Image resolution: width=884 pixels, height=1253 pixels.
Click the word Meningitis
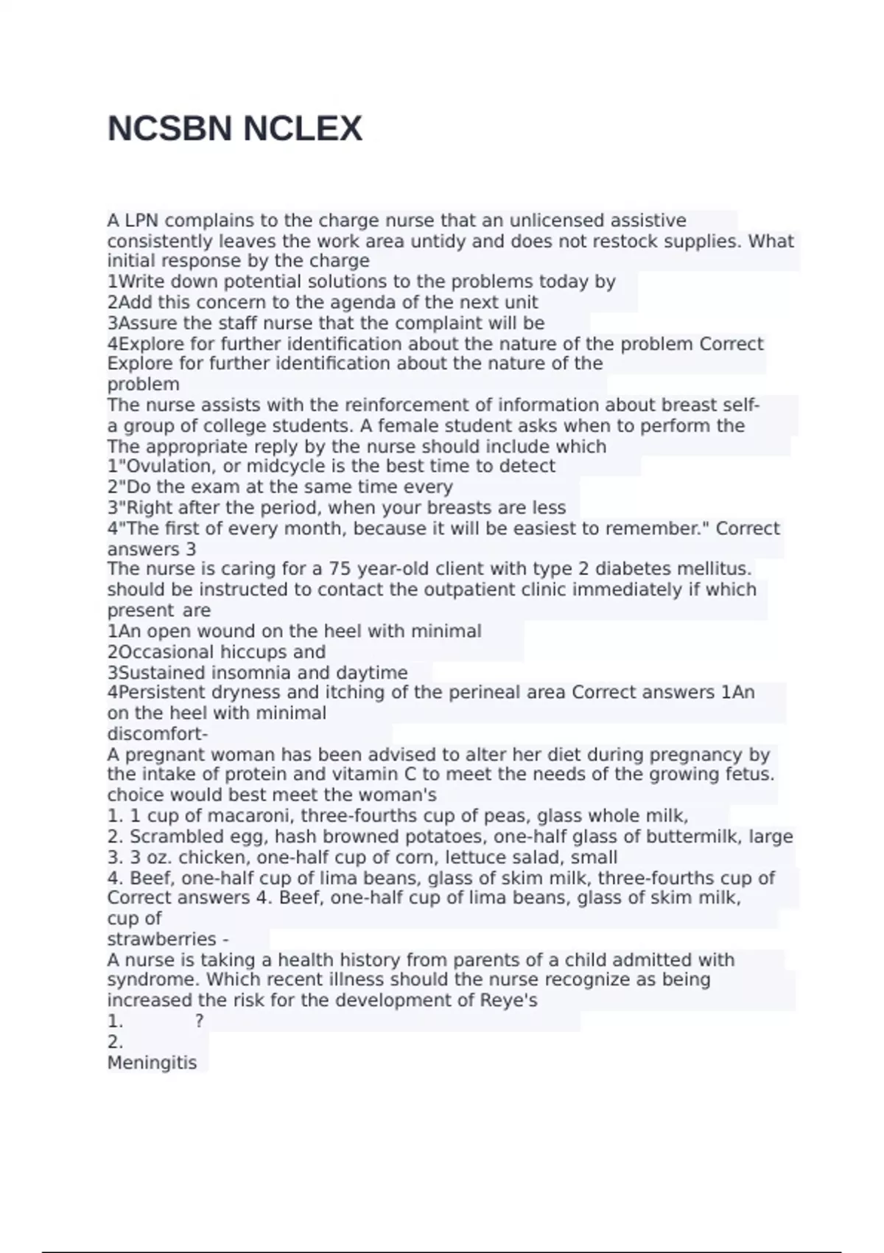(152, 1063)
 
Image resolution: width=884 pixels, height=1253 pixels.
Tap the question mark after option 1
(200, 1022)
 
